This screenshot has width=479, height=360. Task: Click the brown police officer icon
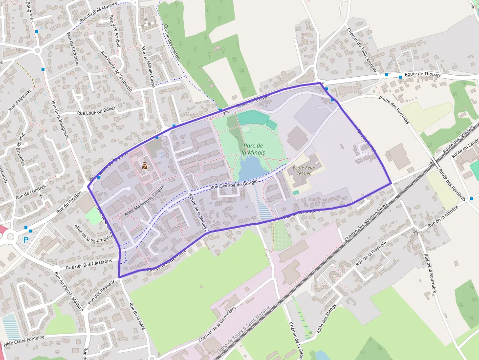[x=145, y=166]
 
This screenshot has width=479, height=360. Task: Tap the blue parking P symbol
[x=26, y=239]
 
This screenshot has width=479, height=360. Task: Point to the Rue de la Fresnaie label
[x=371, y=253]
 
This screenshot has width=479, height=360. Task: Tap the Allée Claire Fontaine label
[x=24, y=340]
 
